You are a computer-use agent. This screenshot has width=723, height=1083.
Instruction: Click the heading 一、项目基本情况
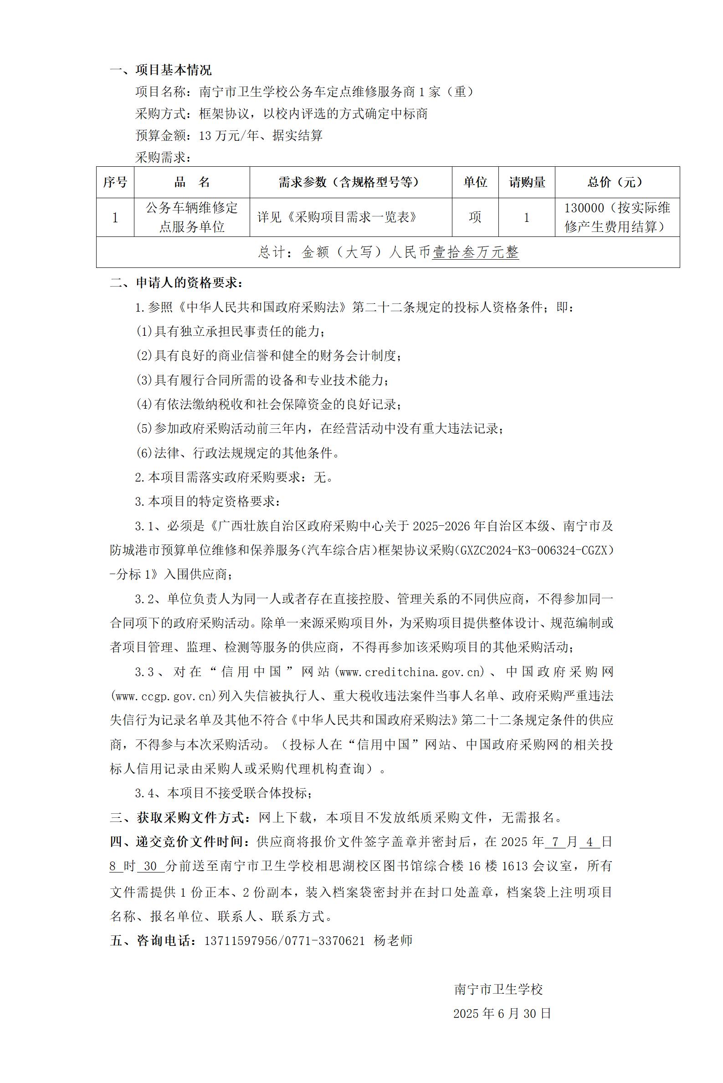coord(160,70)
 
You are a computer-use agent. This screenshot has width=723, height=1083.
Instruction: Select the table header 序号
coord(115,183)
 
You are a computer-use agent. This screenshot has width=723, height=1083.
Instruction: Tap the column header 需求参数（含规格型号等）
coord(350,183)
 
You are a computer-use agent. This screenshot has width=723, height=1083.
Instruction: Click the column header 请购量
coord(527,183)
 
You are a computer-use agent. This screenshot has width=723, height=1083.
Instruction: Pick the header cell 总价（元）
coord(616,183)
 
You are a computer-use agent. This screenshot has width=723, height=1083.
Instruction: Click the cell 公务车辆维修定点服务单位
coord(192,217)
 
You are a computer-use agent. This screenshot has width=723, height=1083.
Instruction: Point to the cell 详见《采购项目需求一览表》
coord(337,217)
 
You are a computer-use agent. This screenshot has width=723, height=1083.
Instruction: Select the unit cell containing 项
coord(475,217)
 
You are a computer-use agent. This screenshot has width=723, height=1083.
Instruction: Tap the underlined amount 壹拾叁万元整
coord(475,252)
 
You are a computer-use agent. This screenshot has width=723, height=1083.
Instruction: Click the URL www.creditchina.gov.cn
coord(411,672)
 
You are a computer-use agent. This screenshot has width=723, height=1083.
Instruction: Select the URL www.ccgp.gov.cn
coord(164,696)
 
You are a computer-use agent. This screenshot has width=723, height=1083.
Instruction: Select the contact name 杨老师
coord(393,941)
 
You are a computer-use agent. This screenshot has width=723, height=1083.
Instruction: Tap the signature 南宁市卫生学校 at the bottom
coord(498,990)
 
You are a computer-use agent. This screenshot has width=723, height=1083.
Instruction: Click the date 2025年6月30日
coord(502,1013)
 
